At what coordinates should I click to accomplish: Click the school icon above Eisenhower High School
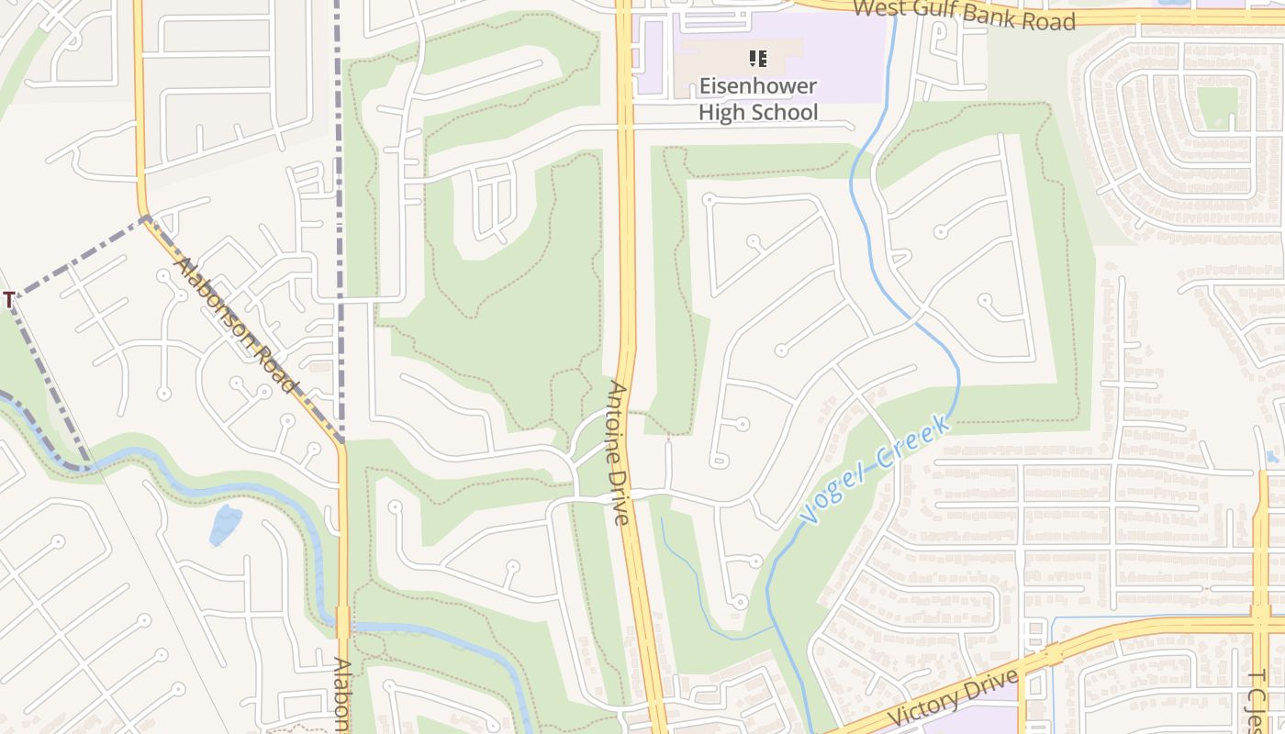[x=757, y=60]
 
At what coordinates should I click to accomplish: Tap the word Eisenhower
[x=757, y=88]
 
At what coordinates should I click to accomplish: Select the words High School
[x=757, y=113]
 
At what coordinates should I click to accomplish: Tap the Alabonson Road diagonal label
[x=237, y=325]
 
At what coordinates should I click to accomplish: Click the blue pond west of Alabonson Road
[x=225, y=525]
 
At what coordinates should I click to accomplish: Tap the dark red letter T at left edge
[x=8, y=300]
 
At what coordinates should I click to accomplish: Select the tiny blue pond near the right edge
[x=1271, y=456]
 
